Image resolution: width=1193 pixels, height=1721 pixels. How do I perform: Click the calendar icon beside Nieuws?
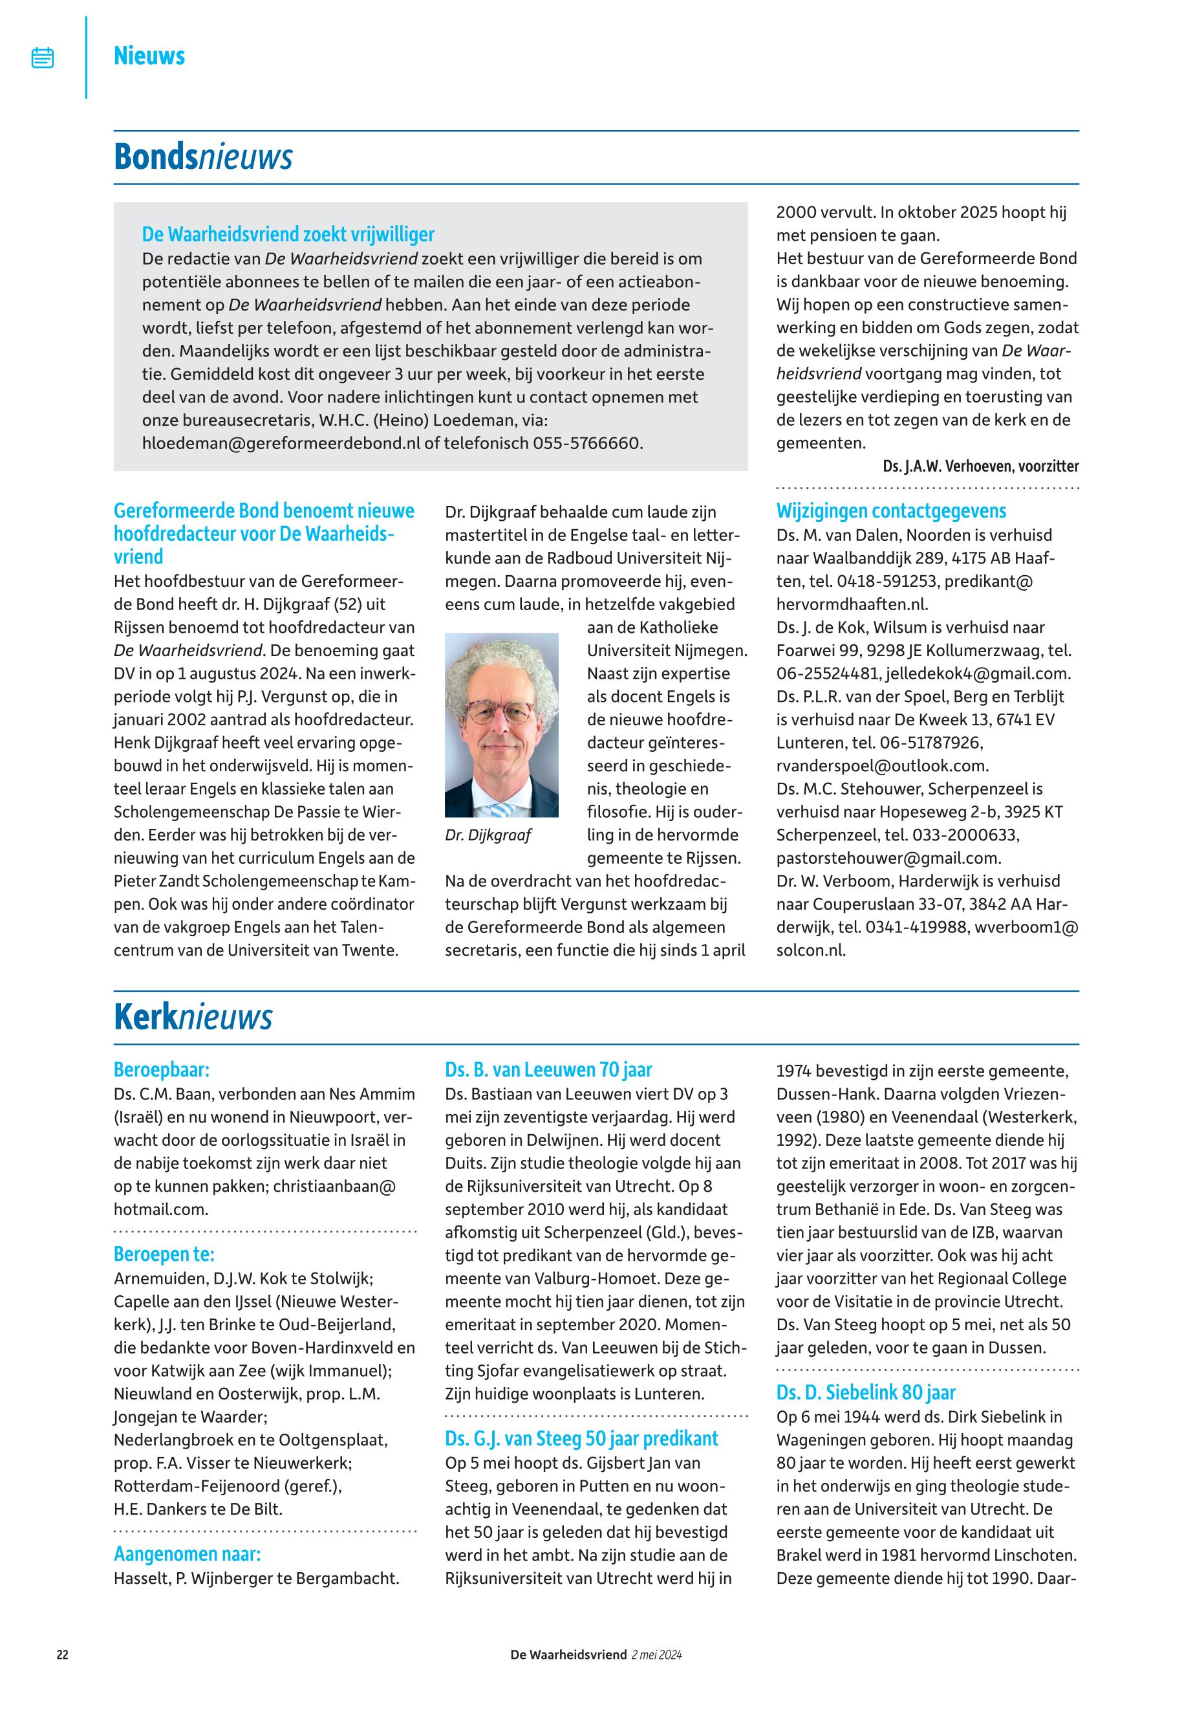pos(43,58)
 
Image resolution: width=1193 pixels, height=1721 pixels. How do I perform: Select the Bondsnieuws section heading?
pos(202,157)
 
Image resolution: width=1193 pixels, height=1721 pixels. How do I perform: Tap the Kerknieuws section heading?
pos(193,1017)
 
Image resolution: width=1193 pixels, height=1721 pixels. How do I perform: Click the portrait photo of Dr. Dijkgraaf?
pos(501,725)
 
